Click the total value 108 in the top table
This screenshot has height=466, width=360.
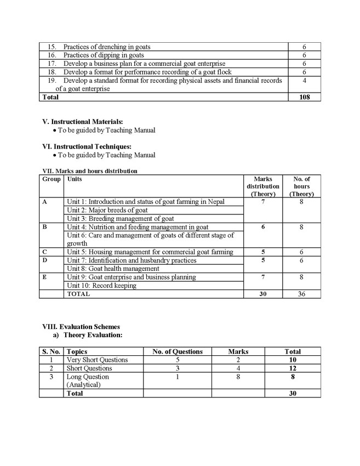point(305,97)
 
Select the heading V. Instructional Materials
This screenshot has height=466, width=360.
point(83,122)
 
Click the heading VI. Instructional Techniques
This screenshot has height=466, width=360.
point(87,146)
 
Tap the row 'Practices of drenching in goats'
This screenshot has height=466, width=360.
point(106,47)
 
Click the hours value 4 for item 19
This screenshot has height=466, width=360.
point(304,81)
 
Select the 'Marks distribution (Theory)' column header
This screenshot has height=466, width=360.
point(262,186)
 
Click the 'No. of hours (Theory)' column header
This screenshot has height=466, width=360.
point(301,186)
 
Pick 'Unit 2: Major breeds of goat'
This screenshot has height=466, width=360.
point(107,210)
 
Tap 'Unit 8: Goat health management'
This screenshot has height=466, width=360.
point(113,269)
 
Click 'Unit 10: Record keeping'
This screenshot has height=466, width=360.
point(101,286)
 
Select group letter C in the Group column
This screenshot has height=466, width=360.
point(44,252)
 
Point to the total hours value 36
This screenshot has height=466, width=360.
point(301,294)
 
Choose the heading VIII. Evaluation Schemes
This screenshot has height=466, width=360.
point(81,327)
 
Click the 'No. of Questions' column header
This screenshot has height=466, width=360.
point(177,351)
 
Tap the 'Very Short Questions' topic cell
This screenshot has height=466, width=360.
point(97,360)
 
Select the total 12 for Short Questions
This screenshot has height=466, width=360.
point(292,368)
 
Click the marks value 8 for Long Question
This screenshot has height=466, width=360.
point(238,377)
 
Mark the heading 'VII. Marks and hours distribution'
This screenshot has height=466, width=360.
point(90,171)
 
